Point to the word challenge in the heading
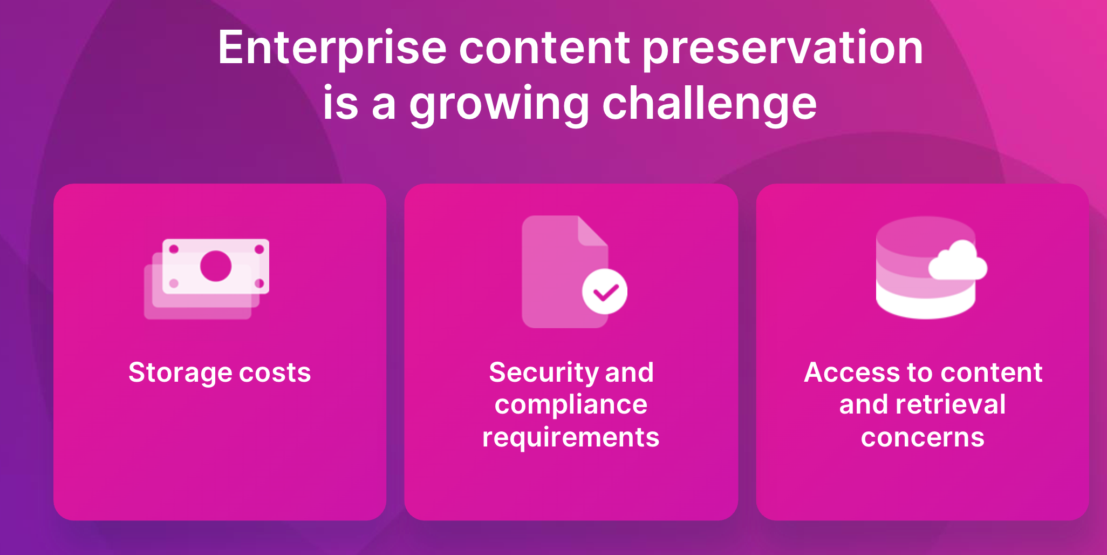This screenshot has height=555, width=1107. point(709,104)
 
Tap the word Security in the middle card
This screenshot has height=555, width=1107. point(542,374)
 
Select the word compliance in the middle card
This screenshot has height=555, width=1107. point(571,405)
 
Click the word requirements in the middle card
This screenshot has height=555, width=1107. point(571,438)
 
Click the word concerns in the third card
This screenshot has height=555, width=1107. point(922,438)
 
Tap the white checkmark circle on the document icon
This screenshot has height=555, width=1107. point(605,292)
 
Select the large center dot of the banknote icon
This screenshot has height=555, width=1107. point(216,266)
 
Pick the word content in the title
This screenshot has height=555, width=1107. point(544,49)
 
